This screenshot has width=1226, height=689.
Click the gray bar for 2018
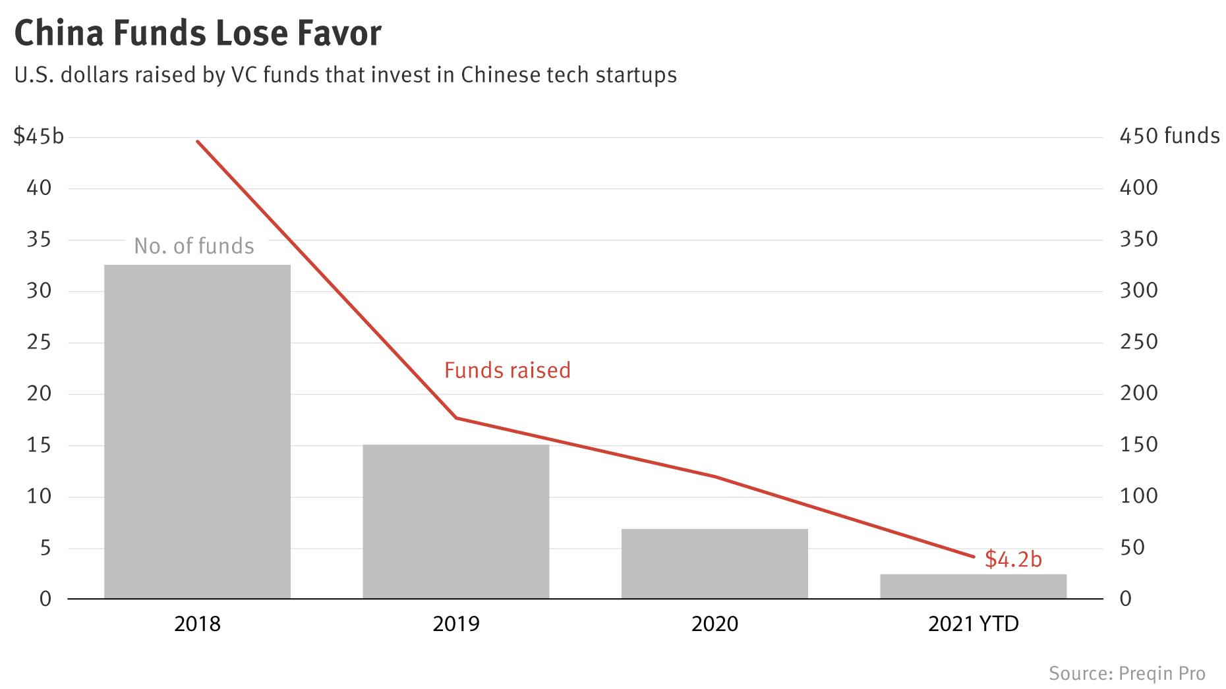click(x=197, y=431)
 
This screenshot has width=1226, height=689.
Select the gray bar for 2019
click(x=455, y=522)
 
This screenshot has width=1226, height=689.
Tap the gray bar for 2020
click(x=715, y=564)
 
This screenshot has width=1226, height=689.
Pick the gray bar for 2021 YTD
click(x=973, y=586)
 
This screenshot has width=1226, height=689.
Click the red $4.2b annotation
click(x=1013, y=559)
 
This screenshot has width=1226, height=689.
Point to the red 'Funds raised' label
click(x=507, y=370)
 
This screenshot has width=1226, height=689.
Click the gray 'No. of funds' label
click(x=194, y=246)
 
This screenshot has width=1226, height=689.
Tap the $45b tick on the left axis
click(x=39, y=136)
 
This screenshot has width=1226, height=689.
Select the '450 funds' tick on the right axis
click(x=1169, y=136)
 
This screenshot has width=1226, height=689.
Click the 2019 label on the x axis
click(x=455, y=624)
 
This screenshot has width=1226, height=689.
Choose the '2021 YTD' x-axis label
click(x=973, y=624)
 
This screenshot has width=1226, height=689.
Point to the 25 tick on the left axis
click(x=39, y=343)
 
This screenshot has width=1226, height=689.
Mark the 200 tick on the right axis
click(x=1138, y=393)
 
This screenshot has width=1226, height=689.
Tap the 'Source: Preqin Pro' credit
click(x=1126, y=674)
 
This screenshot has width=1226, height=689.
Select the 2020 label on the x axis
click(x=715, y=624)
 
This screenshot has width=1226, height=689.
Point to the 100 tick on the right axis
click(x=1138, y=496)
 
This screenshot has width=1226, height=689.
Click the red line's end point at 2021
click(x=973, y=557)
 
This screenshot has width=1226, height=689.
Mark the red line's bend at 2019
click(x=455, y=418)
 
